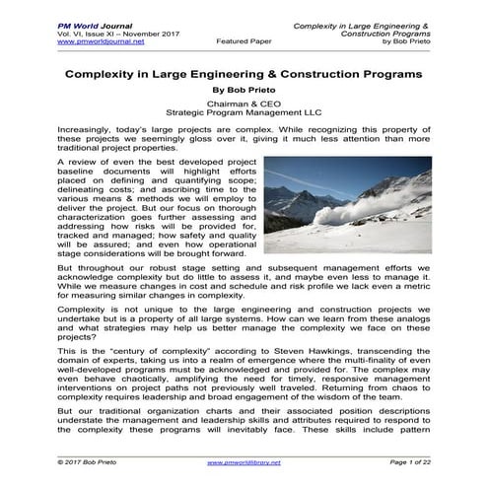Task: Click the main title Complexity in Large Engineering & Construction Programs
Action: pyautogui.click(x=244, y=74)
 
